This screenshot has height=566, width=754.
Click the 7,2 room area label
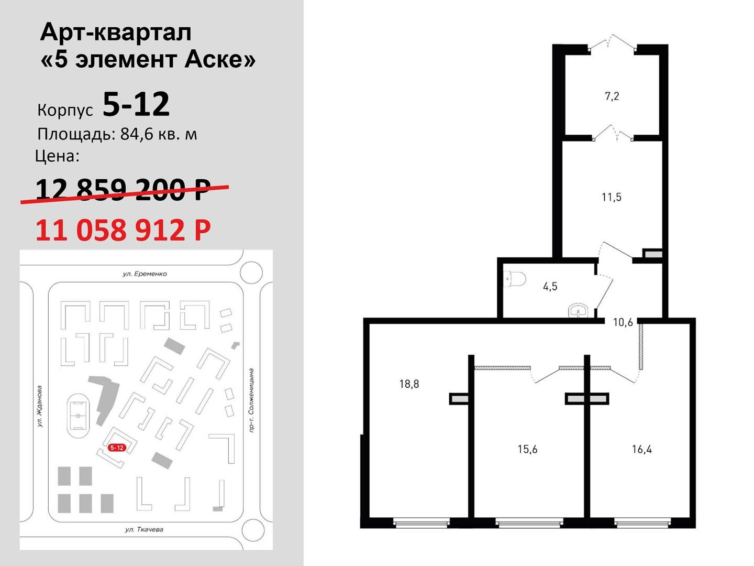tap(612, 96)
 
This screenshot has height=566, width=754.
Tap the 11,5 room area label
tap(612, 197)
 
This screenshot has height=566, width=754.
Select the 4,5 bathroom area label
tap(550, 286)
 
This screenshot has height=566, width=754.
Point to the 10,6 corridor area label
tap(623, 322)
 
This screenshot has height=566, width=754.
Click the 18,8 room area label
tap(409, 384)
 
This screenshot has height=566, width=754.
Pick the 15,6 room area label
tap(527, 449)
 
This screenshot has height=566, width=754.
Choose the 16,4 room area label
tap(641, 449)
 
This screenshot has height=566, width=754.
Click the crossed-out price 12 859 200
tap(123, 189)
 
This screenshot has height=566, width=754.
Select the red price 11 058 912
tap(123, 230)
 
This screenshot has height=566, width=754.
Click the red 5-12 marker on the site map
tap(117, 448)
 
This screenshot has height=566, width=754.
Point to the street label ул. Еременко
tap(145, 274)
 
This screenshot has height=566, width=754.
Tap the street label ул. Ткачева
tap(144, 529)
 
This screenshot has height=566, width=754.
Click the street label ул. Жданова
tap(40, 407)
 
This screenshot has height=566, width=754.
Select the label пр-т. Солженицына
tap(251, 400)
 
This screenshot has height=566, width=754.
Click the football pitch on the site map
tap(79, 416)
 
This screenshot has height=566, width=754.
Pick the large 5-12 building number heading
tap(136, 104)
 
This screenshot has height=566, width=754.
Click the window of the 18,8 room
tap(422, 524)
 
